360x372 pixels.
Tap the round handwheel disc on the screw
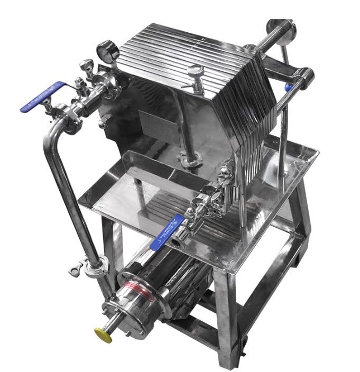click(x=278, y=27)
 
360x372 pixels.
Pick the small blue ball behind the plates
click(x=288, y=86)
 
